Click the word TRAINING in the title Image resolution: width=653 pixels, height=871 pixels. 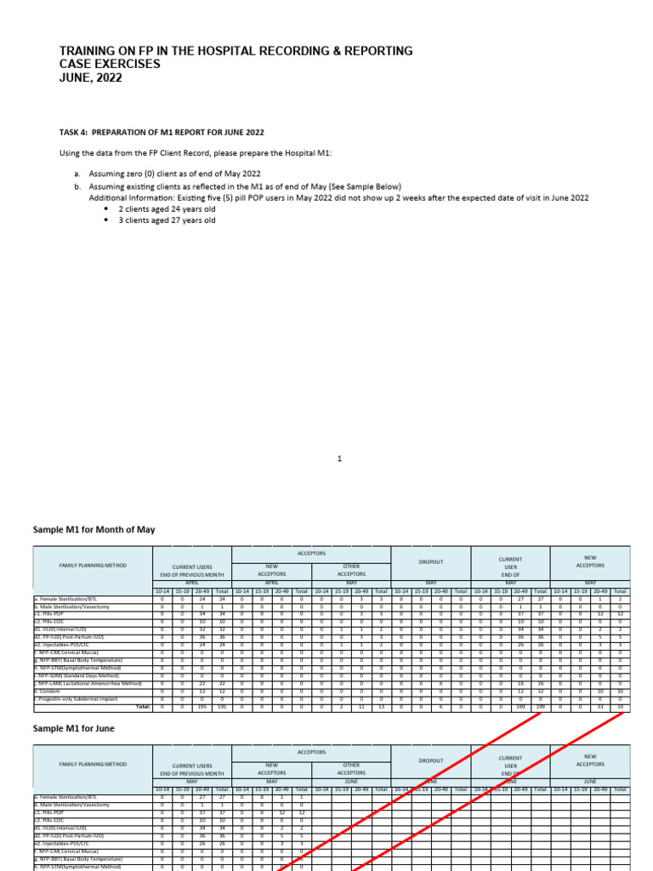[91, 51]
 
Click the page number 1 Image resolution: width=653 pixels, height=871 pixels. [339, 459]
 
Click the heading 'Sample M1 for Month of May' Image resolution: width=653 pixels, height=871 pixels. [94, 529]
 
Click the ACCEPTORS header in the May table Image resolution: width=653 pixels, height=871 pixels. [311, 551]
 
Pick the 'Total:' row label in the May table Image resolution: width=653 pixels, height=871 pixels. [143, 707]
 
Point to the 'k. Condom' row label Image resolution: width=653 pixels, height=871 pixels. [50, 691]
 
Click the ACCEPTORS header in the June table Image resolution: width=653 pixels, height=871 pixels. [311, 753]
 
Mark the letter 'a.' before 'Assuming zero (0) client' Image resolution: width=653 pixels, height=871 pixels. [77, 173]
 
